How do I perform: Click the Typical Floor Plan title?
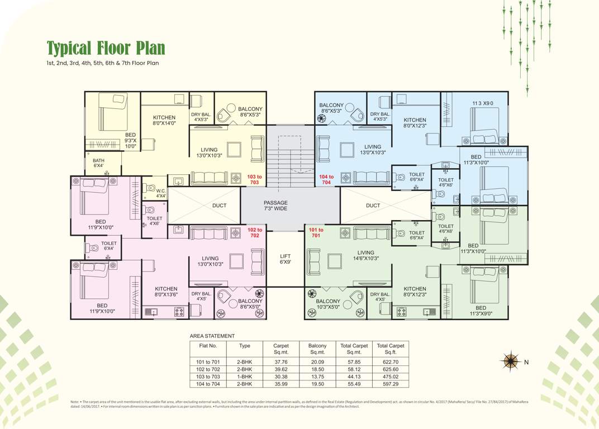106,48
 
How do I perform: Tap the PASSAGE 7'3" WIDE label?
275,206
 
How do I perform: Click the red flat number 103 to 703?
254,179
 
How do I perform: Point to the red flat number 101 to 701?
316,232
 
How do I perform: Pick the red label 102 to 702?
254,232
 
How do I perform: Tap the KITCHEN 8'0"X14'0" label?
164,120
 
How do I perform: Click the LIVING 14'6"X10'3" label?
366,255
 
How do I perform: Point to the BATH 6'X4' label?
98,163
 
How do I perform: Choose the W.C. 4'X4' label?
160,193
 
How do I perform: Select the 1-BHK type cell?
245,376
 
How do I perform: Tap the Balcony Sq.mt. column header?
317,349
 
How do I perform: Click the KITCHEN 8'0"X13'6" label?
166,292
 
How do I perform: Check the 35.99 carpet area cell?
281,384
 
